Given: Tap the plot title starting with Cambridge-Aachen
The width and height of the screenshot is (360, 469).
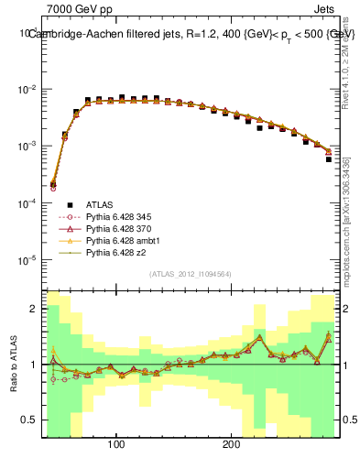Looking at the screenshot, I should (x=191, y=34).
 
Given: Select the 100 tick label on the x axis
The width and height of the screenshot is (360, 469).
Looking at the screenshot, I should (x=116, y=443).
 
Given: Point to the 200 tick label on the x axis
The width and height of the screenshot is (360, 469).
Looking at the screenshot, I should (x=232, y=443).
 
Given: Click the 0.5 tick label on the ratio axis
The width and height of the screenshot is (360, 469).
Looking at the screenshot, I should (x=29, y=420).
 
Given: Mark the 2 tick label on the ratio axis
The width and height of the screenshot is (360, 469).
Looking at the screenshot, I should (x=34, y=309).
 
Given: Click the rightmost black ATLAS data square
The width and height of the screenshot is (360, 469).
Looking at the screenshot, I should (x=329, y=159).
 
